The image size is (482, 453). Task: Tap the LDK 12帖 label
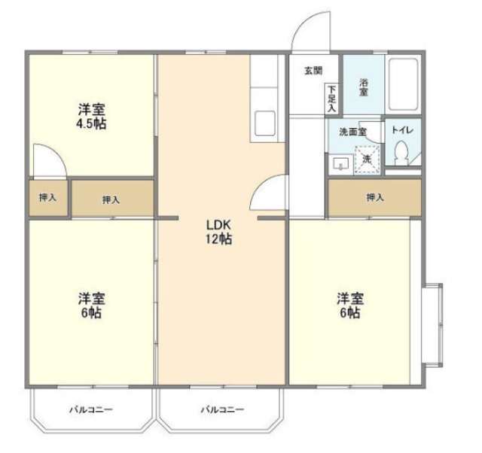tap(219, 232)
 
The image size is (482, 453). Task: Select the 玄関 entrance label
tap(313, 71)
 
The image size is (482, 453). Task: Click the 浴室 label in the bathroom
tap(363, 85)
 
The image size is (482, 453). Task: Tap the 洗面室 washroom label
tap(352, 132)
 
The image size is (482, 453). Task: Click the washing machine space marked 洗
tap(366, 159)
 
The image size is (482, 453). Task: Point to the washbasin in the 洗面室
tap(339, 162)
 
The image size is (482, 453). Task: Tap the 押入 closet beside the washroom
tap(374, 198)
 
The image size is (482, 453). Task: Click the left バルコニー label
tap(91, 410)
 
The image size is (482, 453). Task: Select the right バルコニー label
tap(221, 410)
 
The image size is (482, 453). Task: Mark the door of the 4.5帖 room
tap(50, 162)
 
